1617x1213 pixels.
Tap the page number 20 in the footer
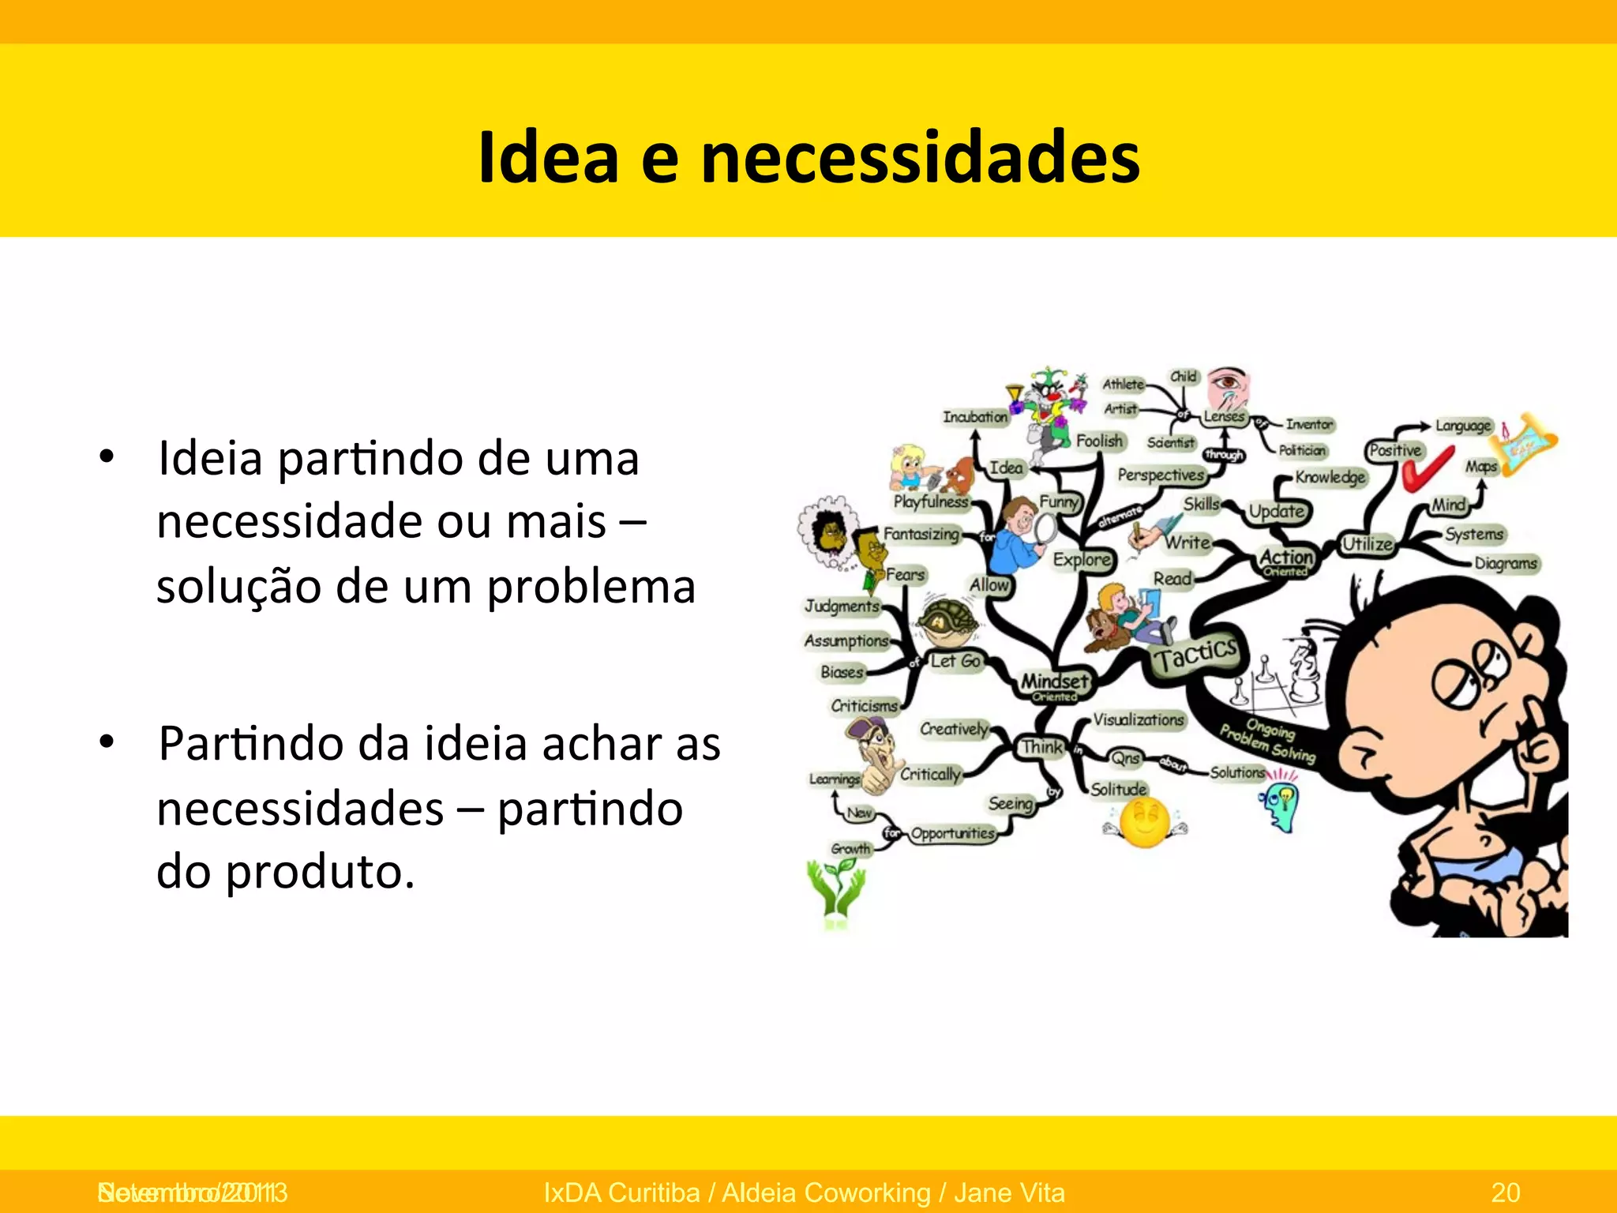pos(1506,1192)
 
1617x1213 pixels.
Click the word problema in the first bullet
pos(591,588)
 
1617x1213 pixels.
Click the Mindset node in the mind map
pos(1055,682)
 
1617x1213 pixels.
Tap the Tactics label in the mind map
pos(1195,654)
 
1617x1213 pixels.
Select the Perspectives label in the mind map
pos(1161,475)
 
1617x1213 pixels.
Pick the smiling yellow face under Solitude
pos(1145,821)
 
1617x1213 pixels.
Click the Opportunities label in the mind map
pos(952,833)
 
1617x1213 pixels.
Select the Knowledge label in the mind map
pos(1330,477)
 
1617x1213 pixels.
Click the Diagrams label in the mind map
pos(1505,563)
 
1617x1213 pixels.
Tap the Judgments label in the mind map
pos(842,606)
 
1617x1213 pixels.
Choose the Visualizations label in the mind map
pos(1138,719)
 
